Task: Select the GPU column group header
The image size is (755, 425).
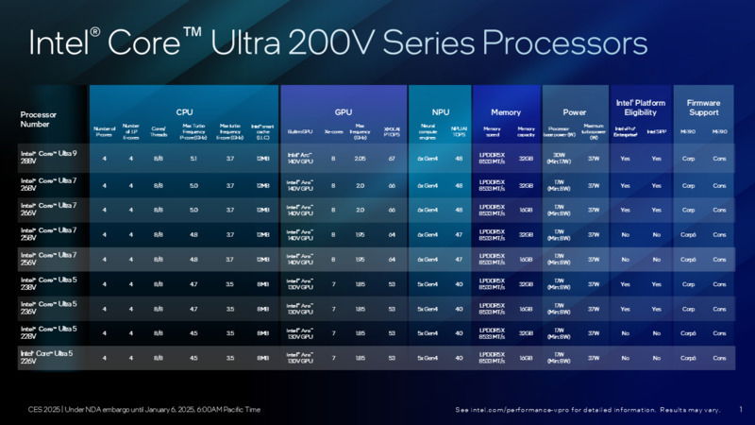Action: point(343,111)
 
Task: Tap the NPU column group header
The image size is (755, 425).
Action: point(439,111)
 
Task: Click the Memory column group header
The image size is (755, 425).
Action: point(505,111)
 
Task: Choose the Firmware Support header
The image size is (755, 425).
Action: point(703,107)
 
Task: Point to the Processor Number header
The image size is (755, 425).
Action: point(41,119)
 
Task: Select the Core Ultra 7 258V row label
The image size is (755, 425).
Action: point(48,233)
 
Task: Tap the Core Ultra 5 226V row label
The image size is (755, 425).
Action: point(48,358)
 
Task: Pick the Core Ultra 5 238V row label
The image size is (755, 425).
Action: point(48,283)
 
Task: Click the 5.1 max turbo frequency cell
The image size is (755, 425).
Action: point(193,159)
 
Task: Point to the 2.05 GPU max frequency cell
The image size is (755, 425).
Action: point(360,159)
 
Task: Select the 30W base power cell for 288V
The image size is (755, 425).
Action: point(559,159)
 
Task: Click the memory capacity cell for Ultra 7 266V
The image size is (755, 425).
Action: point(526,209)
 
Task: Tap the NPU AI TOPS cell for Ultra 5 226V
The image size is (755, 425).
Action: point(459,358)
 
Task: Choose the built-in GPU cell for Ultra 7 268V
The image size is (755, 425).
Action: point(300,184)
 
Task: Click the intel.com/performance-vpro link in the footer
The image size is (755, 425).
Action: point(528,409)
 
